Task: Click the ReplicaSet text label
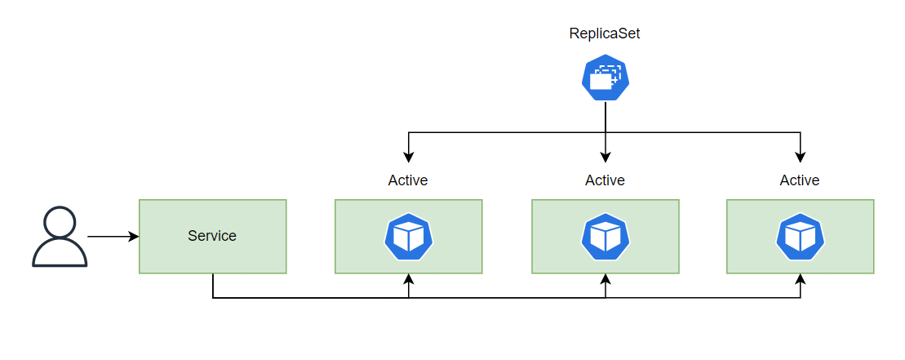pyautogui.click(x=605, y=33)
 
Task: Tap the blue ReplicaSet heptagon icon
pyautogui.click(x=605, y=78)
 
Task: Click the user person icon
pyautogui.click(x=60, y=237)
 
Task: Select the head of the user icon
pyautogui.click(x=60, y=222)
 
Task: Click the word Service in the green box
pyautogui.click(x=212, y=236)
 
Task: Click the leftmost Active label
pyautogui.click(x=408, y=180)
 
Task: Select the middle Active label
pyautogui.click(x=605, y=180)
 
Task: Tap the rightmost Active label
pyautogui.click(x=800, y=180)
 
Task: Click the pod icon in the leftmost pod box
pyautogui.click(x=408, y=236)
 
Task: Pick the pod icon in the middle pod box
pyautogui.click(x=605, y=236)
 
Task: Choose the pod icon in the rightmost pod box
pyautogui.click(x=800, y=236)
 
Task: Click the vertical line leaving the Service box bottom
pyautogui.click(x=213, y=286)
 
